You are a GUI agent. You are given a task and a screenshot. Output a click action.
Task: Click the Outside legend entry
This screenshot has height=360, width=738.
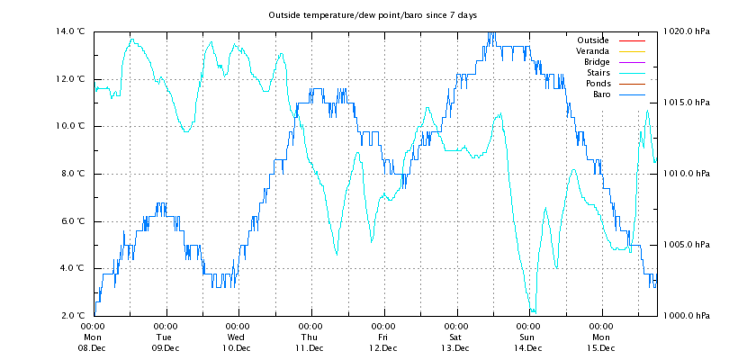pyautogui.click(x=591, y=40)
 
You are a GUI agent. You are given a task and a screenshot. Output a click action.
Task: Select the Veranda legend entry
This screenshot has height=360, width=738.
pyautogui.click(x=591, y=51)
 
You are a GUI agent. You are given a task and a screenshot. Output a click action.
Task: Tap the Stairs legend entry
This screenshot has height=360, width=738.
pyautogui.click(x=597, y=73)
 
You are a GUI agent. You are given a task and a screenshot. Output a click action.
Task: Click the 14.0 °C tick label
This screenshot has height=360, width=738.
pyautogui.click(x=70, y=31)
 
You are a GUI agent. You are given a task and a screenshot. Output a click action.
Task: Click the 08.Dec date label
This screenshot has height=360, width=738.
pyautogui.click(x=93, y=348)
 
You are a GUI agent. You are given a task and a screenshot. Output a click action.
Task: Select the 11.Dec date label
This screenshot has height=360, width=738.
pyautogui.click(x=310, y=348)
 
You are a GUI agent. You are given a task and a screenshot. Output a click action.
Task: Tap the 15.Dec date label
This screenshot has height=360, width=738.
pyautogui.click(x=600, y=348)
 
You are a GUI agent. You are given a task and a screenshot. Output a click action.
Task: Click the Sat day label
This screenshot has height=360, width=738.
pyautogui.click(x=455, y=337)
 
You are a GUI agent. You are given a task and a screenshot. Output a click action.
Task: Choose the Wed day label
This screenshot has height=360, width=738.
pyautogui.click(x=238, y=337)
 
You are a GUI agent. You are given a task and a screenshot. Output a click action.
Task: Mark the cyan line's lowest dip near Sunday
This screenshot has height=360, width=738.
pyautogui.click(x=533, y=311)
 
